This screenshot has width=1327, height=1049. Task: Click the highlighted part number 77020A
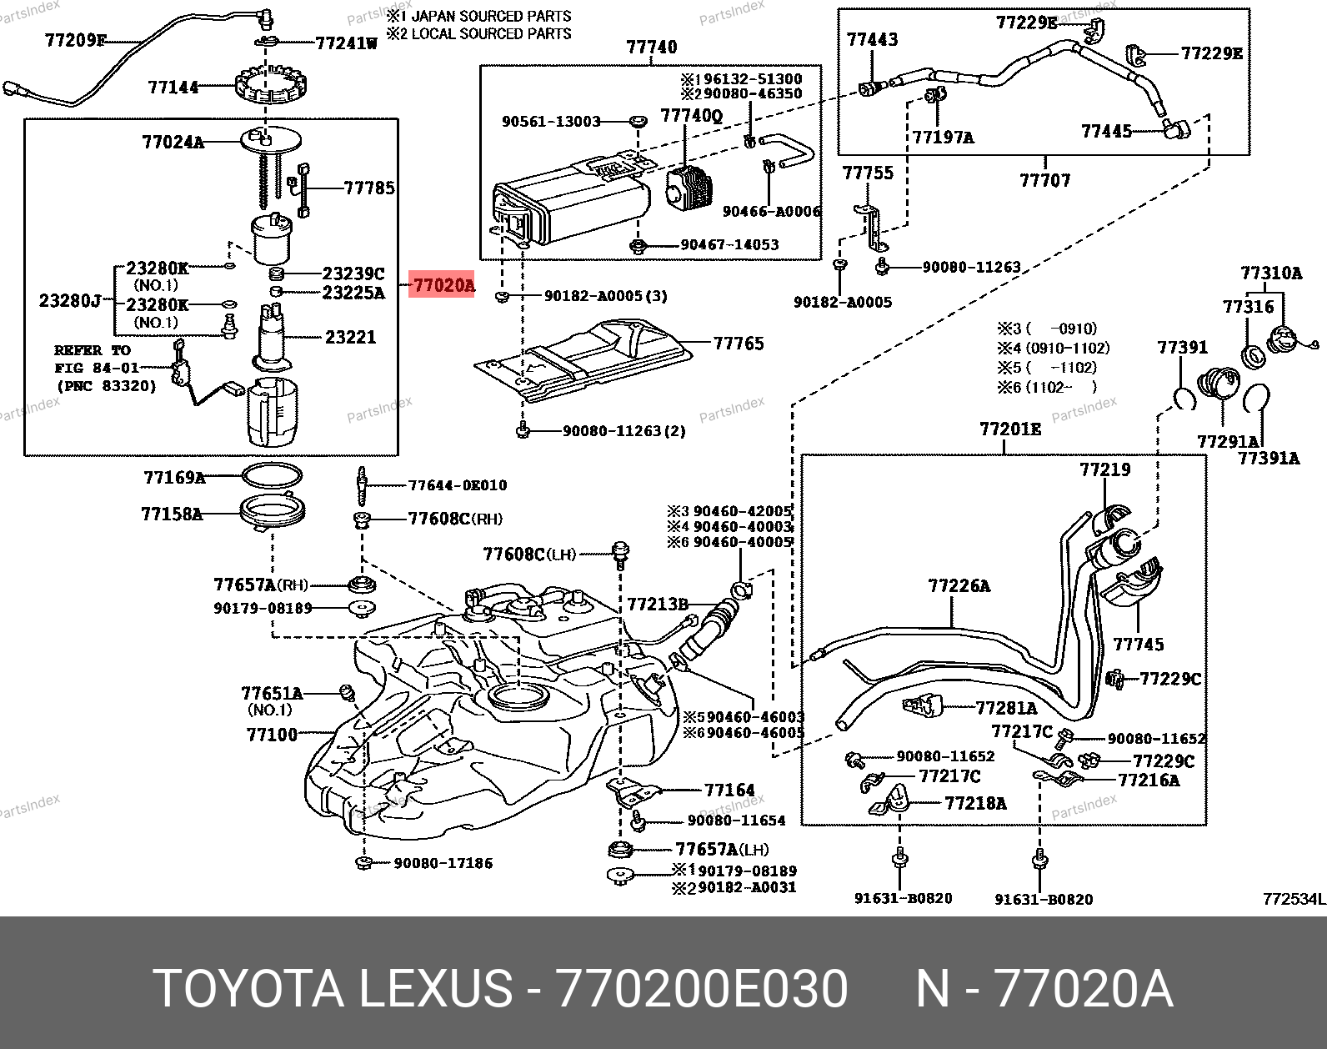443,285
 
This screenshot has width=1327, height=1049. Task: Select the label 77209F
75,40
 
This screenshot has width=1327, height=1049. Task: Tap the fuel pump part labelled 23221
272,337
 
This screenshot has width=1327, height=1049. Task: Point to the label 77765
739,343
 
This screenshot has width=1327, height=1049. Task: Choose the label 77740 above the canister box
652,47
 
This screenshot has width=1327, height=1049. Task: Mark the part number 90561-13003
551,122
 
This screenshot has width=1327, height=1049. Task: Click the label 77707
1044,180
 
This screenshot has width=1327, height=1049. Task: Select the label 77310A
1270,274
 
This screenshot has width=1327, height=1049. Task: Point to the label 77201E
1010,429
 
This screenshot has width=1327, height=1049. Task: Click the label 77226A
959,585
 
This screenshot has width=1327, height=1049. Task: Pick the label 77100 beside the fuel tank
272,735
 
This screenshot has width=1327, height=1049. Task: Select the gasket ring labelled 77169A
272,476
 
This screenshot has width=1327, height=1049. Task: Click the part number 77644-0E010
457,485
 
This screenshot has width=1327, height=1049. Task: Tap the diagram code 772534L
1293,898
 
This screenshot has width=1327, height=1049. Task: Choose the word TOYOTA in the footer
248,990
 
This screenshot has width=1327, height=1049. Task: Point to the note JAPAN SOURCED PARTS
491,16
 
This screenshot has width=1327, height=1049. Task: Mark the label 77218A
975,803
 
